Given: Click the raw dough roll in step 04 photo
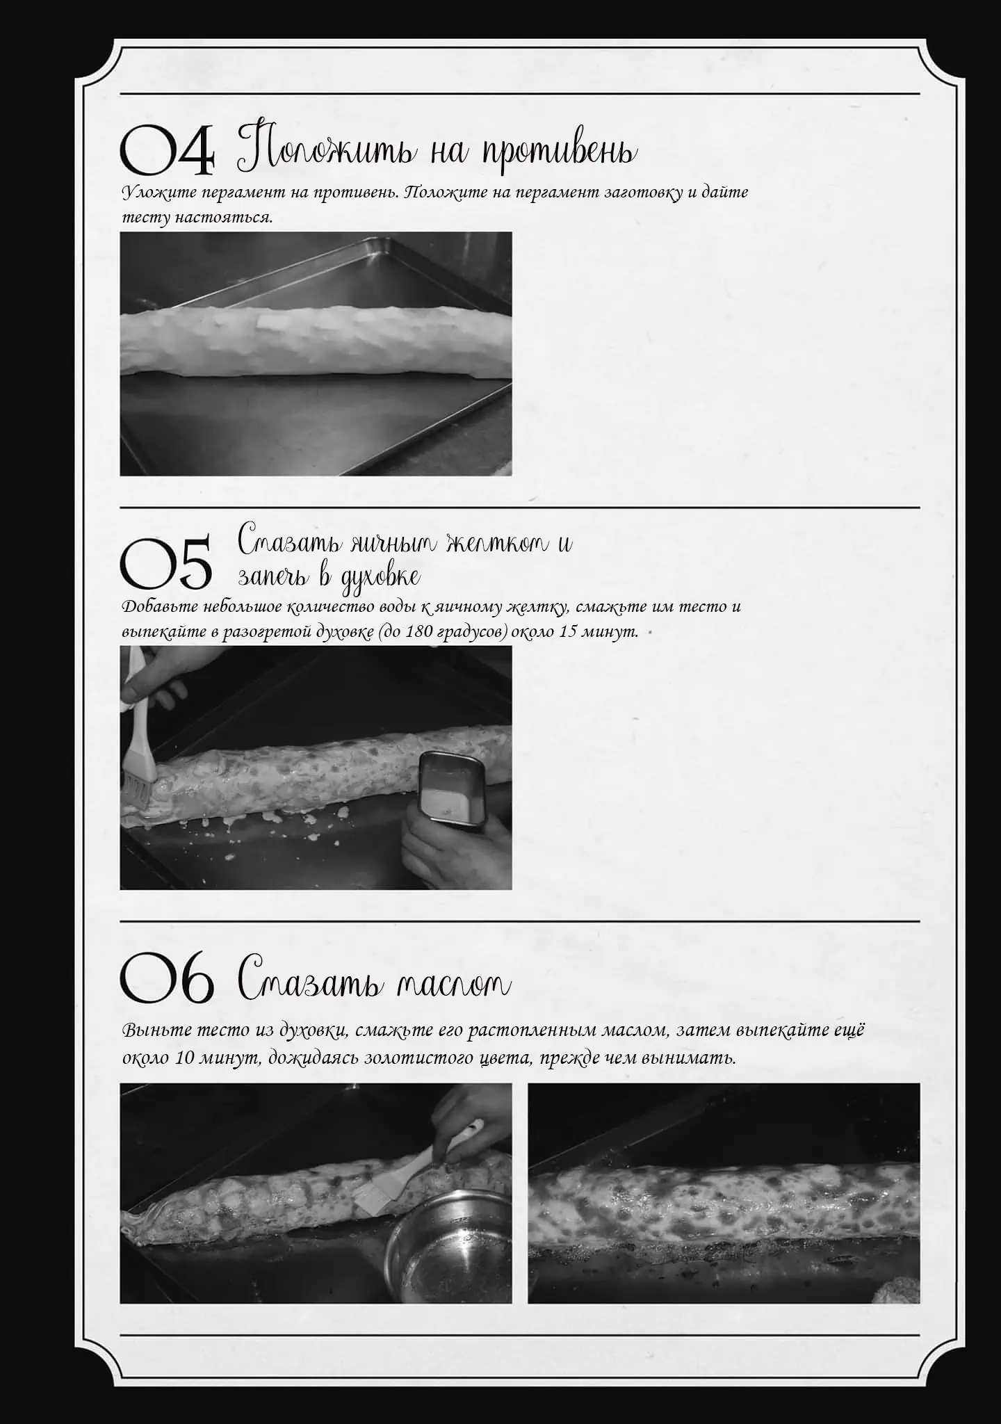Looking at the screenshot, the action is pyautogui.click(x=316, y=343).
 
